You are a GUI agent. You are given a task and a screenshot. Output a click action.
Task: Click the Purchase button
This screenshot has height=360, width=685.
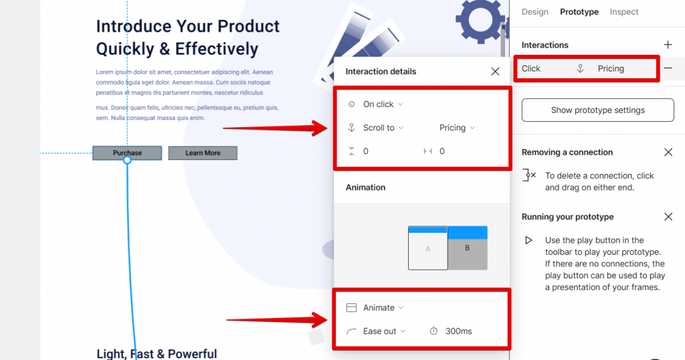(127, 153)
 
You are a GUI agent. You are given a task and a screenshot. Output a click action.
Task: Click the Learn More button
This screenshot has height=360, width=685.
(203, 153)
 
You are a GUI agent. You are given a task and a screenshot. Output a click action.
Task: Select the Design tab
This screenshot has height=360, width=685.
(534, 12)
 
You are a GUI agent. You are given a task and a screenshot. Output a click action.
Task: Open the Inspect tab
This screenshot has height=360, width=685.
(624, 12)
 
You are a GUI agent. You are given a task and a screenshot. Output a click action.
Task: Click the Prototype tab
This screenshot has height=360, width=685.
(579, 12)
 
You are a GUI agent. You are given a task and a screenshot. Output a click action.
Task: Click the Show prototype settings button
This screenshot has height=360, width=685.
(597, 110)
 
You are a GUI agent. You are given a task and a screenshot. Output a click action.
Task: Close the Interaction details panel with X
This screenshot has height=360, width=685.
(495, 71)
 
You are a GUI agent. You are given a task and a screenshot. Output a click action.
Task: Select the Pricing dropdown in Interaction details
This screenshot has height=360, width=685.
(457, 128)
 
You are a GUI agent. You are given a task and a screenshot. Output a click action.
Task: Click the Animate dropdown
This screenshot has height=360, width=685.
(383, 308)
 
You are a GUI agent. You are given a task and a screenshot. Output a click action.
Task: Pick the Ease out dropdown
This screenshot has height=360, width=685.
(384, 331)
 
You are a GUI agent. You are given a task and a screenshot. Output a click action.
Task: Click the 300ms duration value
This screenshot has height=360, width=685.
(459, 331)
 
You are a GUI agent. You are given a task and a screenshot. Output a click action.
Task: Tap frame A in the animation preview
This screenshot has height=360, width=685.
(427, 248)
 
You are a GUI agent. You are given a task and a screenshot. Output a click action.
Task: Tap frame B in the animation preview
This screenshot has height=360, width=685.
(468, 248)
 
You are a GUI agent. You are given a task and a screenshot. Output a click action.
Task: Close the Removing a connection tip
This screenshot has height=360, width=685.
(668, 152)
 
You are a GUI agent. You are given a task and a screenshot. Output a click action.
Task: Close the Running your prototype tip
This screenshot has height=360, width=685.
(668, 217)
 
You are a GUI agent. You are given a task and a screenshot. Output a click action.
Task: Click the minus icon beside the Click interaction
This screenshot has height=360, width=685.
(668, 68)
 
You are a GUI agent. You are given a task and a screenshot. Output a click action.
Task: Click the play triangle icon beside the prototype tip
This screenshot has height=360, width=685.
(528, 240)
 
